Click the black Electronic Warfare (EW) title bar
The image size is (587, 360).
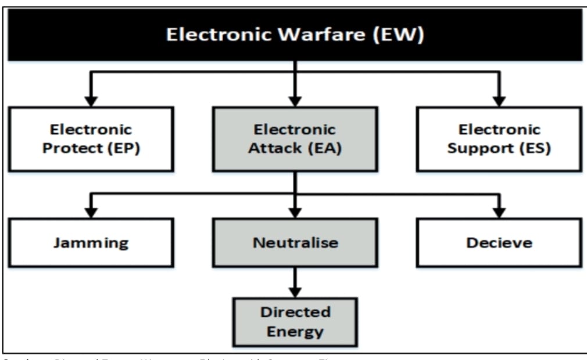click(295, 35)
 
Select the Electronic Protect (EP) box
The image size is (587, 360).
click(91, 139)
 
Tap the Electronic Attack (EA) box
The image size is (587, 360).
click(295, 139)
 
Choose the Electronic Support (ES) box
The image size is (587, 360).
click(499, 139)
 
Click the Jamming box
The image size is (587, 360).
click(91, 243)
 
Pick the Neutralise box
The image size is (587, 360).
click(295, 243)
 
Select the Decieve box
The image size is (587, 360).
click(499, 243)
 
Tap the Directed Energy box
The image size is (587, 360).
click(295, 322)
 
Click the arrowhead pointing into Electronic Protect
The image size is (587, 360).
click(91, 101)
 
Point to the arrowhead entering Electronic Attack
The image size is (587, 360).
click(295, 101)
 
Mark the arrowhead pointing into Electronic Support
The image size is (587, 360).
click(499, 101)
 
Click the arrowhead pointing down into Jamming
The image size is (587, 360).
click(91, 212)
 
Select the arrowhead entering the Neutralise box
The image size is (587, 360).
click(295, 212)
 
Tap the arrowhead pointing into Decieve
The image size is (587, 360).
click(499, 212)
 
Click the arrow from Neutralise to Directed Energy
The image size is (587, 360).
click(295, 282)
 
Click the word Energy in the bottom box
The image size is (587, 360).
click(295, 332)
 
